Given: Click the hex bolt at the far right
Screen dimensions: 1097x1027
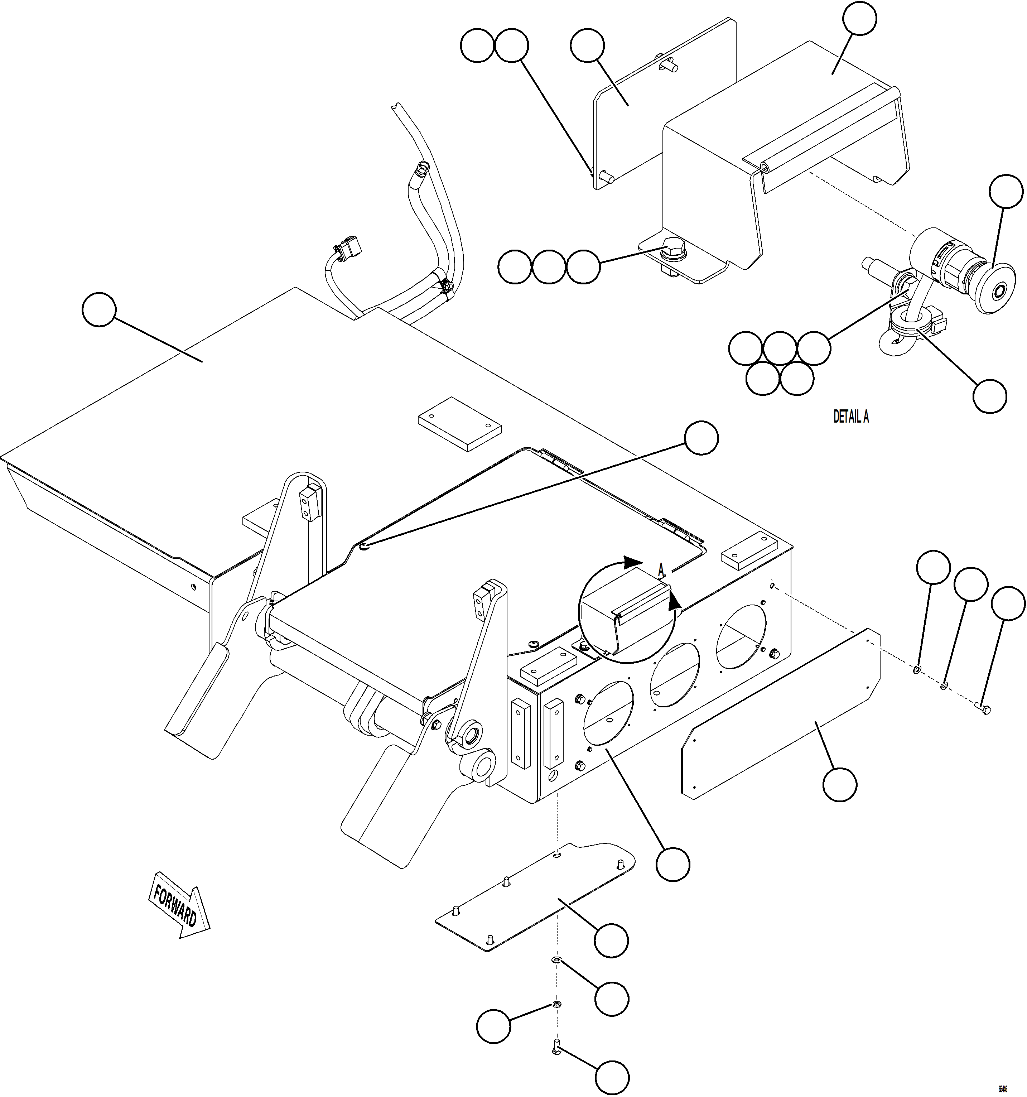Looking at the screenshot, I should (983, 708).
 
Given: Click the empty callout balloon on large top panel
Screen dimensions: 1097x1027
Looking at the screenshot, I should (99, 310).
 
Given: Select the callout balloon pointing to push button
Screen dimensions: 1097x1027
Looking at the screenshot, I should (1006, 192).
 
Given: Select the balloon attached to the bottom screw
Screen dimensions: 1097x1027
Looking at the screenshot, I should (612, 1076).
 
